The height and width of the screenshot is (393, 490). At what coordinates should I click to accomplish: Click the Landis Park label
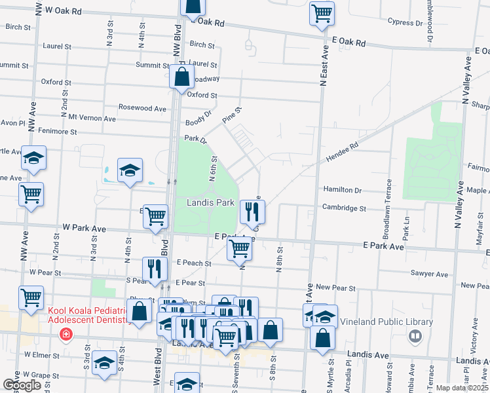(x=210, y=203)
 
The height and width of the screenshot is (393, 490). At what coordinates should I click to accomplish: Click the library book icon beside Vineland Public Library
(x=415, y=337)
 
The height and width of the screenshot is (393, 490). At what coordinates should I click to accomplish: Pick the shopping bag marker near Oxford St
(x=181, y=77)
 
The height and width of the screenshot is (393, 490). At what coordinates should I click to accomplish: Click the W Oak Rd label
(x=64, y=12)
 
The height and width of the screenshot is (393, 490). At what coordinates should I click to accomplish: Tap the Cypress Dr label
(x=388, y=22)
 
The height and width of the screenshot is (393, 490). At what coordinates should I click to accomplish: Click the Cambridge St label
(x=343, y=208)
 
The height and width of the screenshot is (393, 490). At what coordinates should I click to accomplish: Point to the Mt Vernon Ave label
(x=92, y=119)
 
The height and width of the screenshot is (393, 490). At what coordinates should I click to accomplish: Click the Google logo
(x=22, y=384)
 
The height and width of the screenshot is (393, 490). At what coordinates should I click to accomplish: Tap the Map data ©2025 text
(x=462, y=388)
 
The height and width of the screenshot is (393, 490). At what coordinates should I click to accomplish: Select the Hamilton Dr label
(x=342, y=190)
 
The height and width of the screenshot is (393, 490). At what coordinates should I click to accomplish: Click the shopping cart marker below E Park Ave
(x=239, y=249)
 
